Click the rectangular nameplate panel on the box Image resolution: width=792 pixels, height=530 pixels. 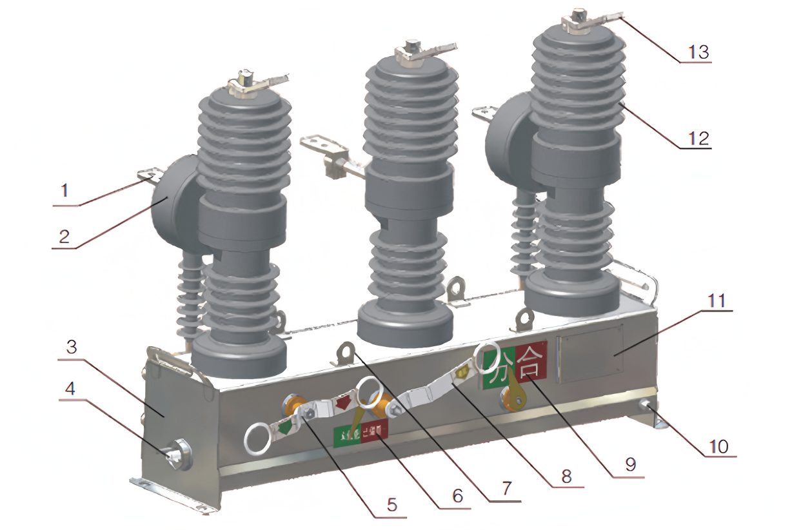591,354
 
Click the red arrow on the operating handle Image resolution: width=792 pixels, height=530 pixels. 342,403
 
